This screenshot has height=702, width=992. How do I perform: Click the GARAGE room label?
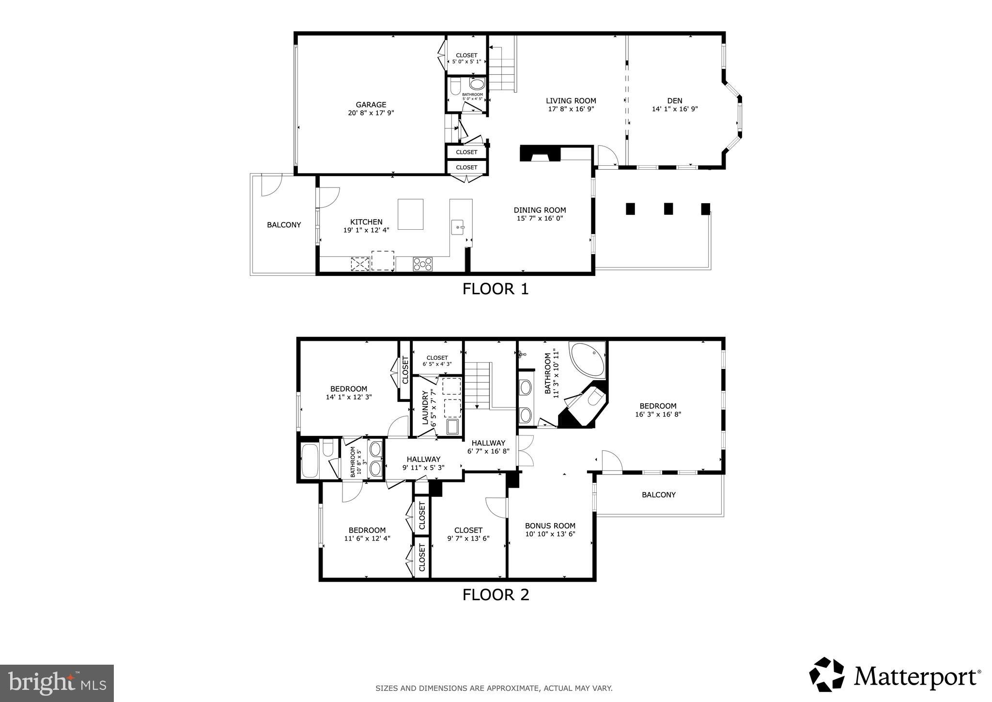coord(371,104)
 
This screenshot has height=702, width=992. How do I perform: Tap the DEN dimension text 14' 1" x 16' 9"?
coord(675,109)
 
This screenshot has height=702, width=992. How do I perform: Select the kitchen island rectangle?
coord(410,214)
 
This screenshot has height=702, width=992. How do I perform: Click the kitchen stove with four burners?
coord(422,264)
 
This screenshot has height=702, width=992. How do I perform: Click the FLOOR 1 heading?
coord(495,289)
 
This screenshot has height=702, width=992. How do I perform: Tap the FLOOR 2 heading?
coord(496,594)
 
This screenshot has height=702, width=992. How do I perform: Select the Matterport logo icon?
coord(826,674)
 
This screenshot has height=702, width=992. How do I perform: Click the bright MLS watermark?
coord(57,683)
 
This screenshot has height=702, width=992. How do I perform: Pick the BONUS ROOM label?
coord(550,526)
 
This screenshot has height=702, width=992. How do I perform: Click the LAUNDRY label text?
coord(425,408)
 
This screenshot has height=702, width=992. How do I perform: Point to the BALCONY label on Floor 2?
coord(658,495)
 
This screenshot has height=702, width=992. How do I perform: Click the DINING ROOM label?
coord(540,210)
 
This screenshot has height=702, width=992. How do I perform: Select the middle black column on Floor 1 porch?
coord(668,208)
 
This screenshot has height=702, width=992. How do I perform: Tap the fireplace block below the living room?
coord(539,154)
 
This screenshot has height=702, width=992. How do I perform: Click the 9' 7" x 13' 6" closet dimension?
coord(468,538)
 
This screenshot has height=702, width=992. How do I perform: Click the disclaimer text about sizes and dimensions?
coord(494,688)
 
